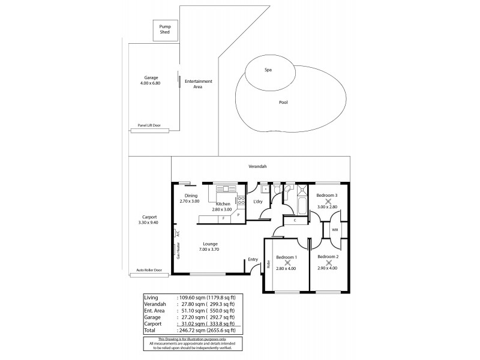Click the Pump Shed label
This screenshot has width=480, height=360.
(x=164, y=29)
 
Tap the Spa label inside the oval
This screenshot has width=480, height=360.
(x=268, y=70)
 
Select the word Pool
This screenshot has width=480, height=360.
(x=283, y=102)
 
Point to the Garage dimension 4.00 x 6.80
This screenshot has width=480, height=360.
(x=151, y=84)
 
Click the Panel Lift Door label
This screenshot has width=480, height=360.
(x=149, y=125)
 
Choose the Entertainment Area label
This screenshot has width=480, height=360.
(x=198, y=84)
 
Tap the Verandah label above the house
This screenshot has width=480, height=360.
(x=257, y=166)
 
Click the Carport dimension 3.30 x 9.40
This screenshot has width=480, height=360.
(x=149, y=223)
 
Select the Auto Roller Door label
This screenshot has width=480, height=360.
(x=149, y=270)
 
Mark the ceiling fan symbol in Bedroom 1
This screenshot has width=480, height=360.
(x=287, y=262)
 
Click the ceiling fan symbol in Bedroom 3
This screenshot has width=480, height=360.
(x=328, y=201)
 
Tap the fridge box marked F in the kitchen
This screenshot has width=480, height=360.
(x=223, y=218)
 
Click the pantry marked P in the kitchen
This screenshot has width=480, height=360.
(x=238, y=214)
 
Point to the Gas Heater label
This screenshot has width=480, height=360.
(x=178, y=251)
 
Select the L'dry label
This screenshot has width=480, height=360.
(x=259, y=201)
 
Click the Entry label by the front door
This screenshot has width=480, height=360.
(x=253, y=260)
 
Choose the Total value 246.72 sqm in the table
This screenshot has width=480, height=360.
(x=192, y=331)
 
